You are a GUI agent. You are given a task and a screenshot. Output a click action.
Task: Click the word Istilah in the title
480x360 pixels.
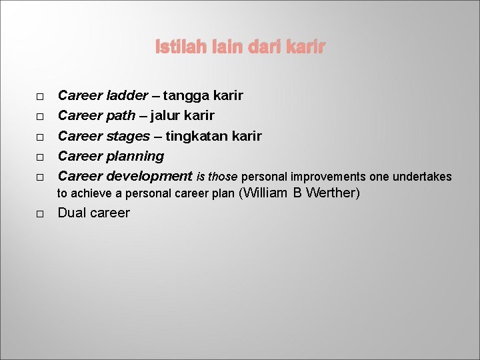(176, 47)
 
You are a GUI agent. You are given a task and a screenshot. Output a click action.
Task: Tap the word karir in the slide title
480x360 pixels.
(307, 47)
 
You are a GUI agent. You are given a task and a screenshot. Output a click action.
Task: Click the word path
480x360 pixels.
(120, 116)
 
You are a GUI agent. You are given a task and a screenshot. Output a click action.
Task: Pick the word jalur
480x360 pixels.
(167, 116)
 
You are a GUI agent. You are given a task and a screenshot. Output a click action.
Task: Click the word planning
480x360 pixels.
(135, 156)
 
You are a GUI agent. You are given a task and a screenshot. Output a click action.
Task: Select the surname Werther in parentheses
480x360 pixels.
(331, 193)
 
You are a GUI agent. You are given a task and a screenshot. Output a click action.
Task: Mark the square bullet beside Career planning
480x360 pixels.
(40, 158)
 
